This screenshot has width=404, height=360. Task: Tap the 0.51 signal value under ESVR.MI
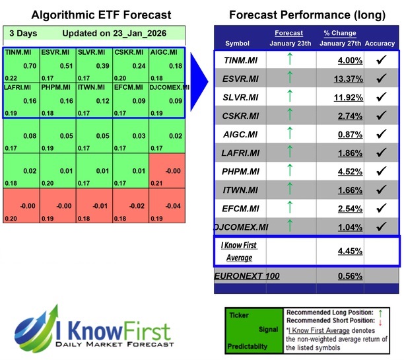click(65, 65)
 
